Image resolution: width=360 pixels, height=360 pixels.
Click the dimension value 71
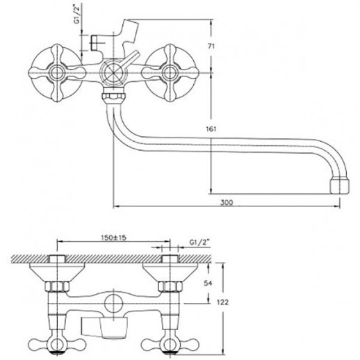pyautogui.click(x=211, y=47)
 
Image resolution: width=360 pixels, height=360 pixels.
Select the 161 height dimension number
pyautogui.click(x=211, y=129)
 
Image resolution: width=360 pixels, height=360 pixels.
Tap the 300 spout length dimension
pyautogui.click(x=227, y=202)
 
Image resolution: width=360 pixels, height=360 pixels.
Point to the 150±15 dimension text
pyautogui.click(x=114, y=238)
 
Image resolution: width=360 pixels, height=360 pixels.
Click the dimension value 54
pyautogui.click(x=208, y=283)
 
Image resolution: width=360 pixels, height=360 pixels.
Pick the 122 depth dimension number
pyautogui.click(x=223, y=302)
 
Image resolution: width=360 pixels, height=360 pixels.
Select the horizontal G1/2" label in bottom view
pyautogui.click(x=199, y=243)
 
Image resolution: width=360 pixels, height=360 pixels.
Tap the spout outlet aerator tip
pyautogui.click(x=339, y=186)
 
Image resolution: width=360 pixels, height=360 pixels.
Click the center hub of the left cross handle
pyautogui.click(x=56, y=73)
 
